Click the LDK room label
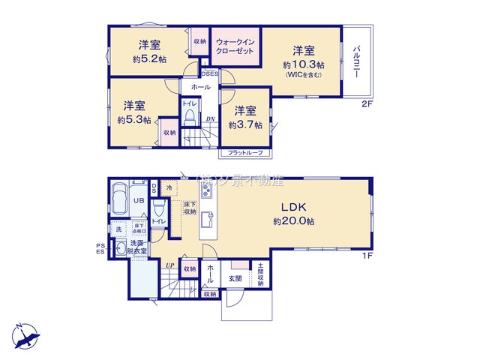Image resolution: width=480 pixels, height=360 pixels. click(x=292, y=207)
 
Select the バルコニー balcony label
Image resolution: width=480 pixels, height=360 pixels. click(x=356, y=62)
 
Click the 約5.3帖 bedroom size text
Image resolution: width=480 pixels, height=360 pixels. click(x=134, y=119)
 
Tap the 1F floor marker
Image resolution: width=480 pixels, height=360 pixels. click(x=367, y=255)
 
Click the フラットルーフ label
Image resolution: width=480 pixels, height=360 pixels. click(x=247, y=154)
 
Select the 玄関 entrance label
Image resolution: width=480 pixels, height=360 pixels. click(x=235, y=278)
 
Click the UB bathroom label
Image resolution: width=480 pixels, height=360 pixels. click(x=139, y=202)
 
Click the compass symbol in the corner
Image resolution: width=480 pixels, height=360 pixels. click(x=25, y=335)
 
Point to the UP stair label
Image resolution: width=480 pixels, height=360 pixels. click(x=171, y=265)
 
